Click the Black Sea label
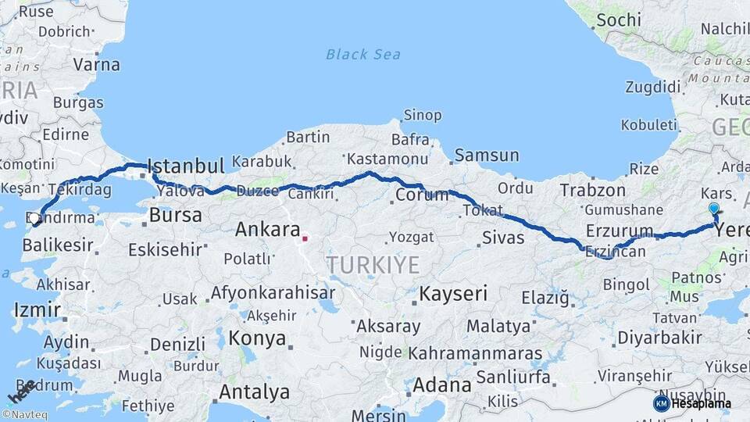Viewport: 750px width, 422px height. coord(363,54)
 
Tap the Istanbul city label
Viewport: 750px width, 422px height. coord(186,166)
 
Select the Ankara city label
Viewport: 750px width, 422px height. coord(268,230)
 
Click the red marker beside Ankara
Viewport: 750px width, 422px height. coord(305,238)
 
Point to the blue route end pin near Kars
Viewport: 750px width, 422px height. coord(713,209)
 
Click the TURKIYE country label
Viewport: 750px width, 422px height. coord(373,265)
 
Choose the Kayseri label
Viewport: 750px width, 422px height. coord(453,295)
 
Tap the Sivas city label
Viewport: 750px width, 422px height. coord(503,238)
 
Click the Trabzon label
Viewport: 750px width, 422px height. coord(592,190)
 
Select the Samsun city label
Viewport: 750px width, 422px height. coord(487,156)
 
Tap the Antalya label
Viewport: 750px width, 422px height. coord(254,392)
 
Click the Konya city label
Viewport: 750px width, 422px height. coord(257,339)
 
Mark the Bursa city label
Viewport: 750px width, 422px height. coord(175,214)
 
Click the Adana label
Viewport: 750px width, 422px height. coord(441,384)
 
